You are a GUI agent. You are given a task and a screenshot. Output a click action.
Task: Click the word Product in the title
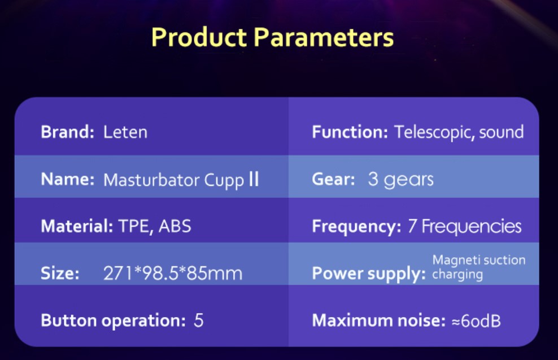point(199,37)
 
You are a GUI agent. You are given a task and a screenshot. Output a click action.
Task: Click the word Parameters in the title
point(324,37)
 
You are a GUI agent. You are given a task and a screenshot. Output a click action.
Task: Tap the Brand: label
point(67,132)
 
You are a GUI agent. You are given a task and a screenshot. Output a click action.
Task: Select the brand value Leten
point(125,132)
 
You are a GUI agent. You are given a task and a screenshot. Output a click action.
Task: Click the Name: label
point(68,179)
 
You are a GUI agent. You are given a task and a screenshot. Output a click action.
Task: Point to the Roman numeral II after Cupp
point(254,179)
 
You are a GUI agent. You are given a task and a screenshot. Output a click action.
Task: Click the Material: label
point(77,226)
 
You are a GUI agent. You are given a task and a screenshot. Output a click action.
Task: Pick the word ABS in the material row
point(175,226)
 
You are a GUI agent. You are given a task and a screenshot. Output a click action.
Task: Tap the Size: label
point(60,273)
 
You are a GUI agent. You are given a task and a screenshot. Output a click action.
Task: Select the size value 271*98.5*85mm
point(173,273)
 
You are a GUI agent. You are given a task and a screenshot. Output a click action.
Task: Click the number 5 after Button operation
point(199,320)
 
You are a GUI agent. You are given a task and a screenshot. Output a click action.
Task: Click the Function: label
point(350,132)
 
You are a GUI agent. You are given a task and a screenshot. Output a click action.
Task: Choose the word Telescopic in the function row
point(434,132)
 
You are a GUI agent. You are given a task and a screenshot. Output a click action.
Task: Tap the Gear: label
point(333,179)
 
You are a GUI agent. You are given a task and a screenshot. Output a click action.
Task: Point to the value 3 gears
point(400,180)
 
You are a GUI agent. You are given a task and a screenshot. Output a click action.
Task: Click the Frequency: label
point(356,227)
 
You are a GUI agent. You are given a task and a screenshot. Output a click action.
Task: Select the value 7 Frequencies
point(465,227)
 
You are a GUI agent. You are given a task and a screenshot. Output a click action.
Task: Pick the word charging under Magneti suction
point(457,275)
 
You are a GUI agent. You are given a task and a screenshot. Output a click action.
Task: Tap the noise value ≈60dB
point(476,321)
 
